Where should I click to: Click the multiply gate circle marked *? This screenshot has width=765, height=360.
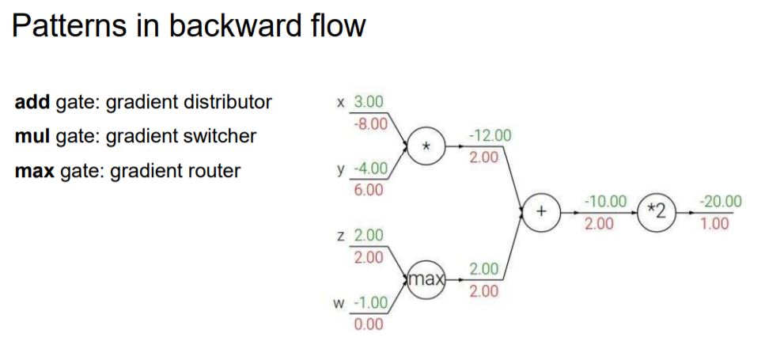[x=426, y=146]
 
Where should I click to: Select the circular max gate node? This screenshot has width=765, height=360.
[x=426, y=279]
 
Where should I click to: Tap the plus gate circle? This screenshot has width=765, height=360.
[x=542, y=212]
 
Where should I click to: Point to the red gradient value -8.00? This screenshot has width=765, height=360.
[x=369, y=124]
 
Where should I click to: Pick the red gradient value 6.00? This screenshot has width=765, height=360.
[x=369, y=191]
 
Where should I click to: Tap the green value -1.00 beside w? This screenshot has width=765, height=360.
[x=369, y=302]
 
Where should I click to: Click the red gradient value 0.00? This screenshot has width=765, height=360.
[x=369, y=324]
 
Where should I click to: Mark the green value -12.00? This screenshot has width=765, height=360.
[x=490, y=135]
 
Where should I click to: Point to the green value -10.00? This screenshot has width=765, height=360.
[x=605, y=202]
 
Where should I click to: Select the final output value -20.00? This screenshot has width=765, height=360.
[x=721, y=202]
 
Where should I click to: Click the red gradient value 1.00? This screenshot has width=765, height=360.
[x=714, y=224]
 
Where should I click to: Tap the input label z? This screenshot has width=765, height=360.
[x=341, y=236]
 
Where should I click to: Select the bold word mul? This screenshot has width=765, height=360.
[x=32, y=136]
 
